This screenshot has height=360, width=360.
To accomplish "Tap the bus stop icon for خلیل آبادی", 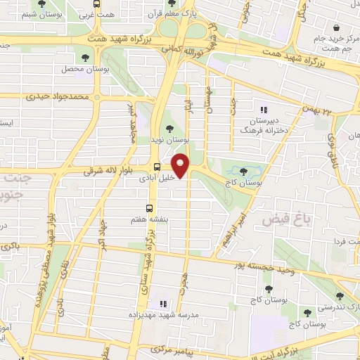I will point(157,167).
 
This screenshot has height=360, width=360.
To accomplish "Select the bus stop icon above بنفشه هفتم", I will point(149,207).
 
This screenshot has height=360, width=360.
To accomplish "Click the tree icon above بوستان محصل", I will point(84,58).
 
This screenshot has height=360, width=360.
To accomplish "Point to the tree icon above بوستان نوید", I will point(168,128).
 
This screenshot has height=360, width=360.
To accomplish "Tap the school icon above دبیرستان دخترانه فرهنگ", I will point(264,110).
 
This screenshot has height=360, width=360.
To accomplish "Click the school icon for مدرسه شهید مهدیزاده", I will point(162,304).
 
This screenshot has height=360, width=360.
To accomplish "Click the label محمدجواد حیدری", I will point(56,96).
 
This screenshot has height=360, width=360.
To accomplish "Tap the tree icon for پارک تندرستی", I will point(340,295).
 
